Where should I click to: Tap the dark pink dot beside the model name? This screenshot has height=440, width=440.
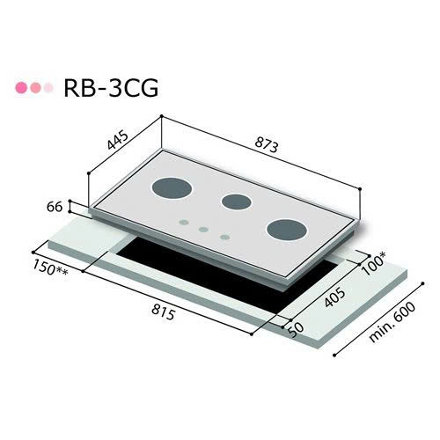tap(22, 89)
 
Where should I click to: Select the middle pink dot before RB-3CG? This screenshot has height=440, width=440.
tap(34, 89)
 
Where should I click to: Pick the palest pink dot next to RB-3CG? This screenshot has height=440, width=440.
tap(47, 89)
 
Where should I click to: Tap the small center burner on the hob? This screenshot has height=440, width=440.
tap(236, 202)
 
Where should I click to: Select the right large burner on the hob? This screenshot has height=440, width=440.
tap(286, 230)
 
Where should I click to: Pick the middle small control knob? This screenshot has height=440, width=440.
tap(203, 230)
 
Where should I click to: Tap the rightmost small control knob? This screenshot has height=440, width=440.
tap(224, 236)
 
